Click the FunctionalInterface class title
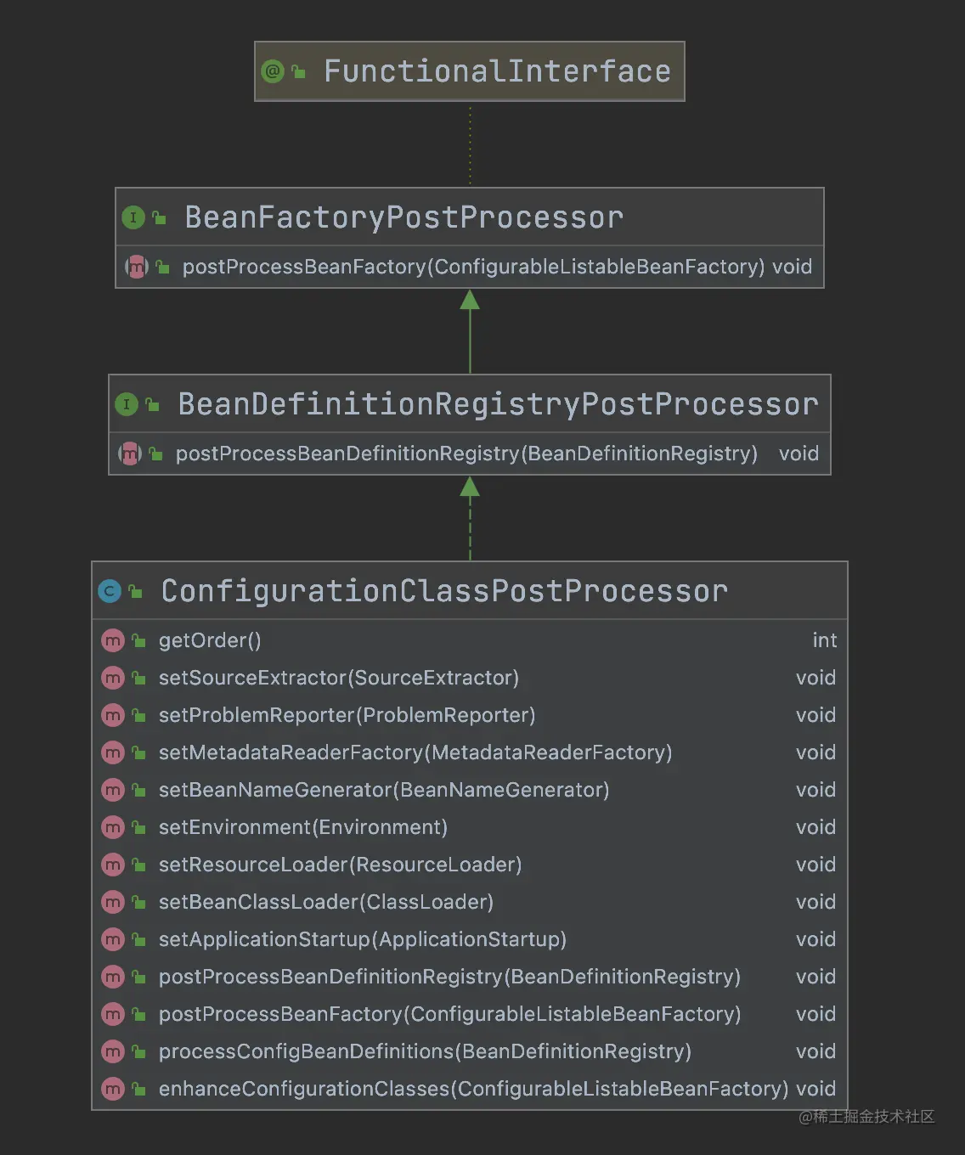point(497,71)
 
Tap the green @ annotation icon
point(273,71)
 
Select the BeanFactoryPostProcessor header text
point(403,217)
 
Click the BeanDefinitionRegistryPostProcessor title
point(498,404)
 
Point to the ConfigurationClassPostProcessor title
point(444,591)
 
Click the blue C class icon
point(110,591)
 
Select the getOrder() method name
point(210,640)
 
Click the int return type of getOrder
point(824,640)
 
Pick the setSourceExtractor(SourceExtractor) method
point(338,678)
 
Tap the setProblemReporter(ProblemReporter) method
point(347,715)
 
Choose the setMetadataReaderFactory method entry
point(415,752)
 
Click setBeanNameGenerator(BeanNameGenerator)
point(383,790)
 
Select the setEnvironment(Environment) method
point(302,827)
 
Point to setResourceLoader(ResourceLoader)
point(340,865)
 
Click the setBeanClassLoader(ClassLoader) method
point(325,902)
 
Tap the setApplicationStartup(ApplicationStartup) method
point(362,939)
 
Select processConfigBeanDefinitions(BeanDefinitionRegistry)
point(425,1051)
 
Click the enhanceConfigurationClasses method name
point(473,1089)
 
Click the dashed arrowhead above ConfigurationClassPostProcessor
point(470,487)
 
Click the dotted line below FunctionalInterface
point(470,144)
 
